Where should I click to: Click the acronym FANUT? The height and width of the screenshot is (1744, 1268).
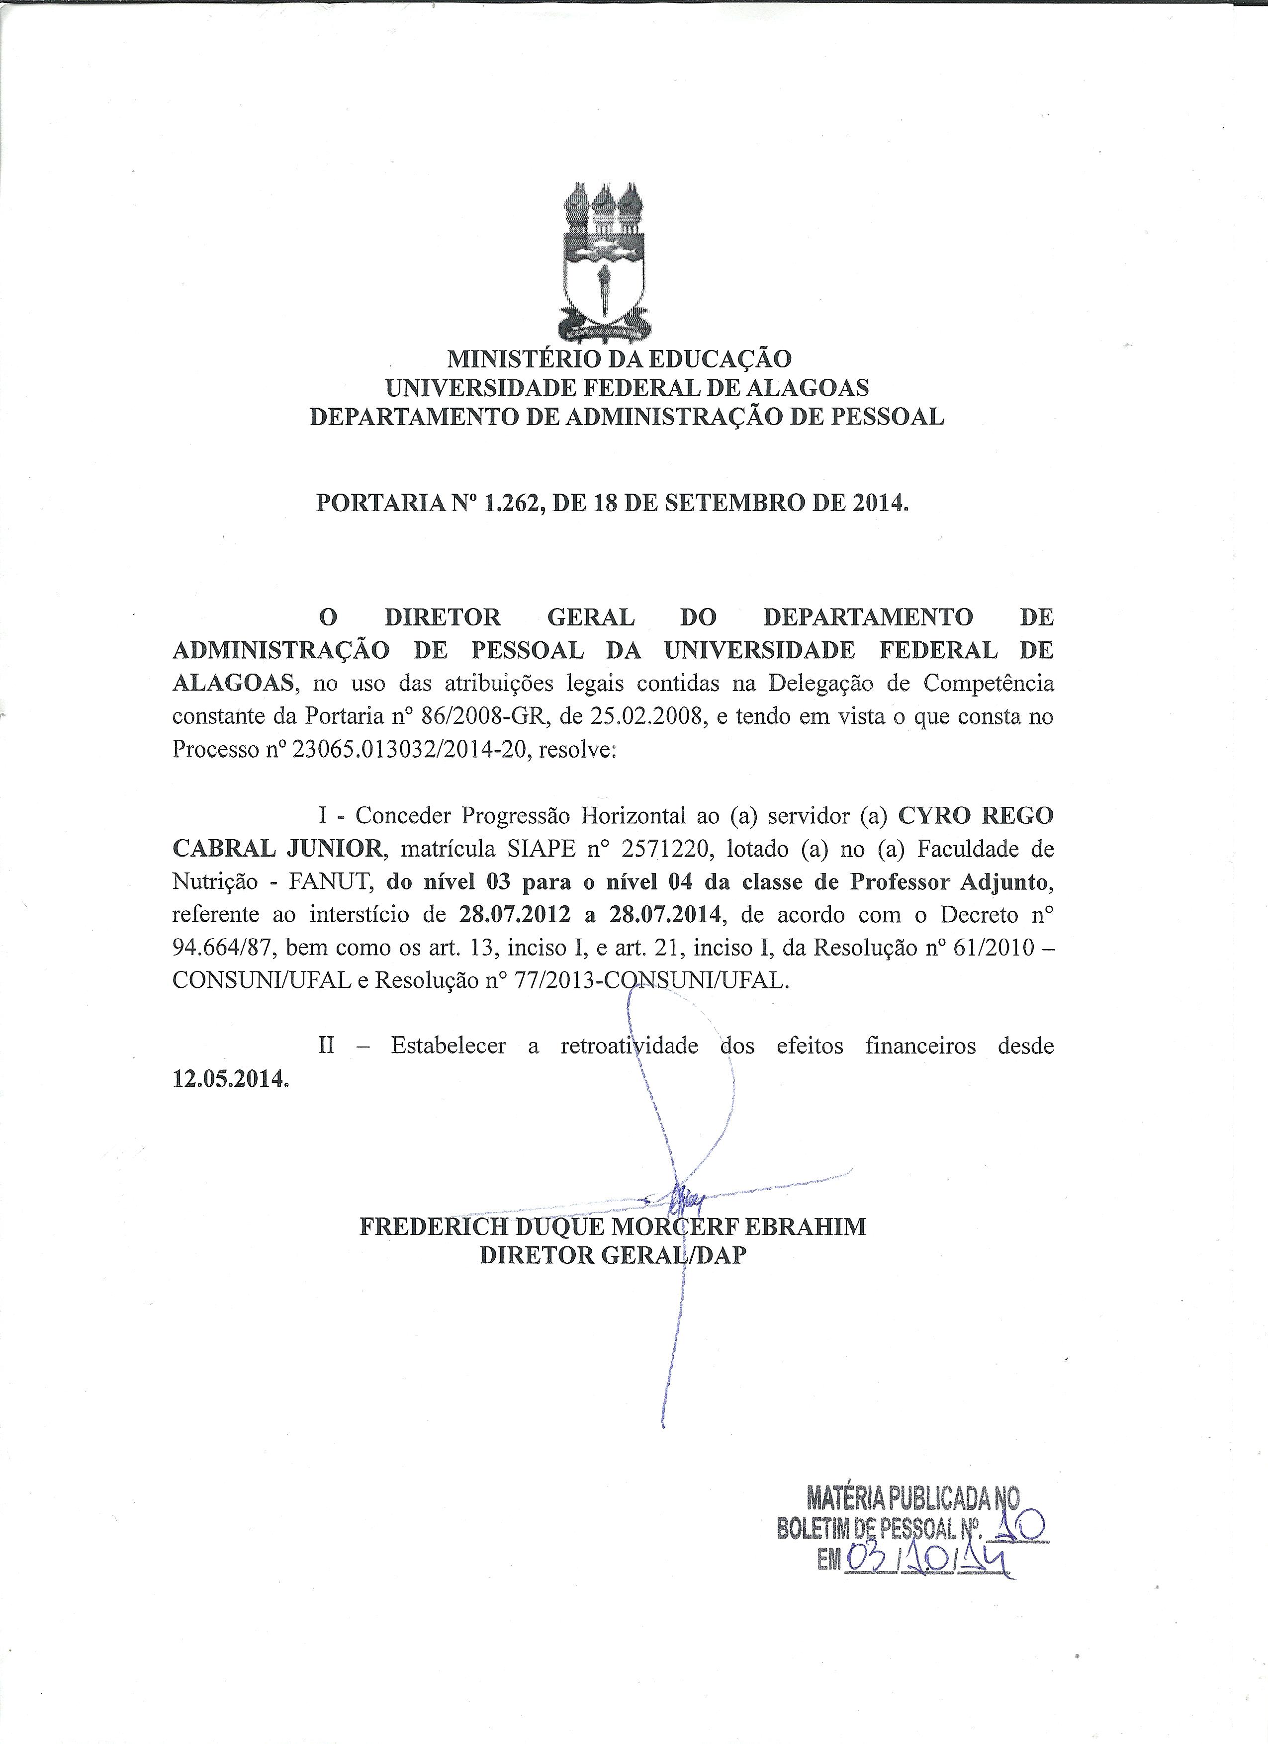coord(331,883)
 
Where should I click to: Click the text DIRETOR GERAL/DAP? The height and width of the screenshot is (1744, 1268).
coord(612,1256)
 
